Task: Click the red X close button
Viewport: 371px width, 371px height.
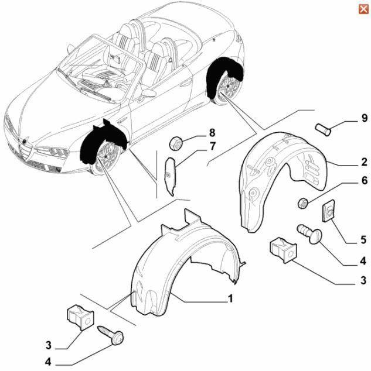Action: (363, 8)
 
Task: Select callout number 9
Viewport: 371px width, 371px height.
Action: (364, 119)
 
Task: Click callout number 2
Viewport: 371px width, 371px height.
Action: (364, 162)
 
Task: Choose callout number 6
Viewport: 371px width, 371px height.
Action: (364, 181)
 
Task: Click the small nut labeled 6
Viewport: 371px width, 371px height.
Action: (303, 204)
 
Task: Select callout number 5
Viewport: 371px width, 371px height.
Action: (363, 239)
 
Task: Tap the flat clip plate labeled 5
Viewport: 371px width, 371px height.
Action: (329, 210)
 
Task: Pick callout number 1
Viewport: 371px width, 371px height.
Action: (230, 299)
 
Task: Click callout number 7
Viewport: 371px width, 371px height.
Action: (213, 146)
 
